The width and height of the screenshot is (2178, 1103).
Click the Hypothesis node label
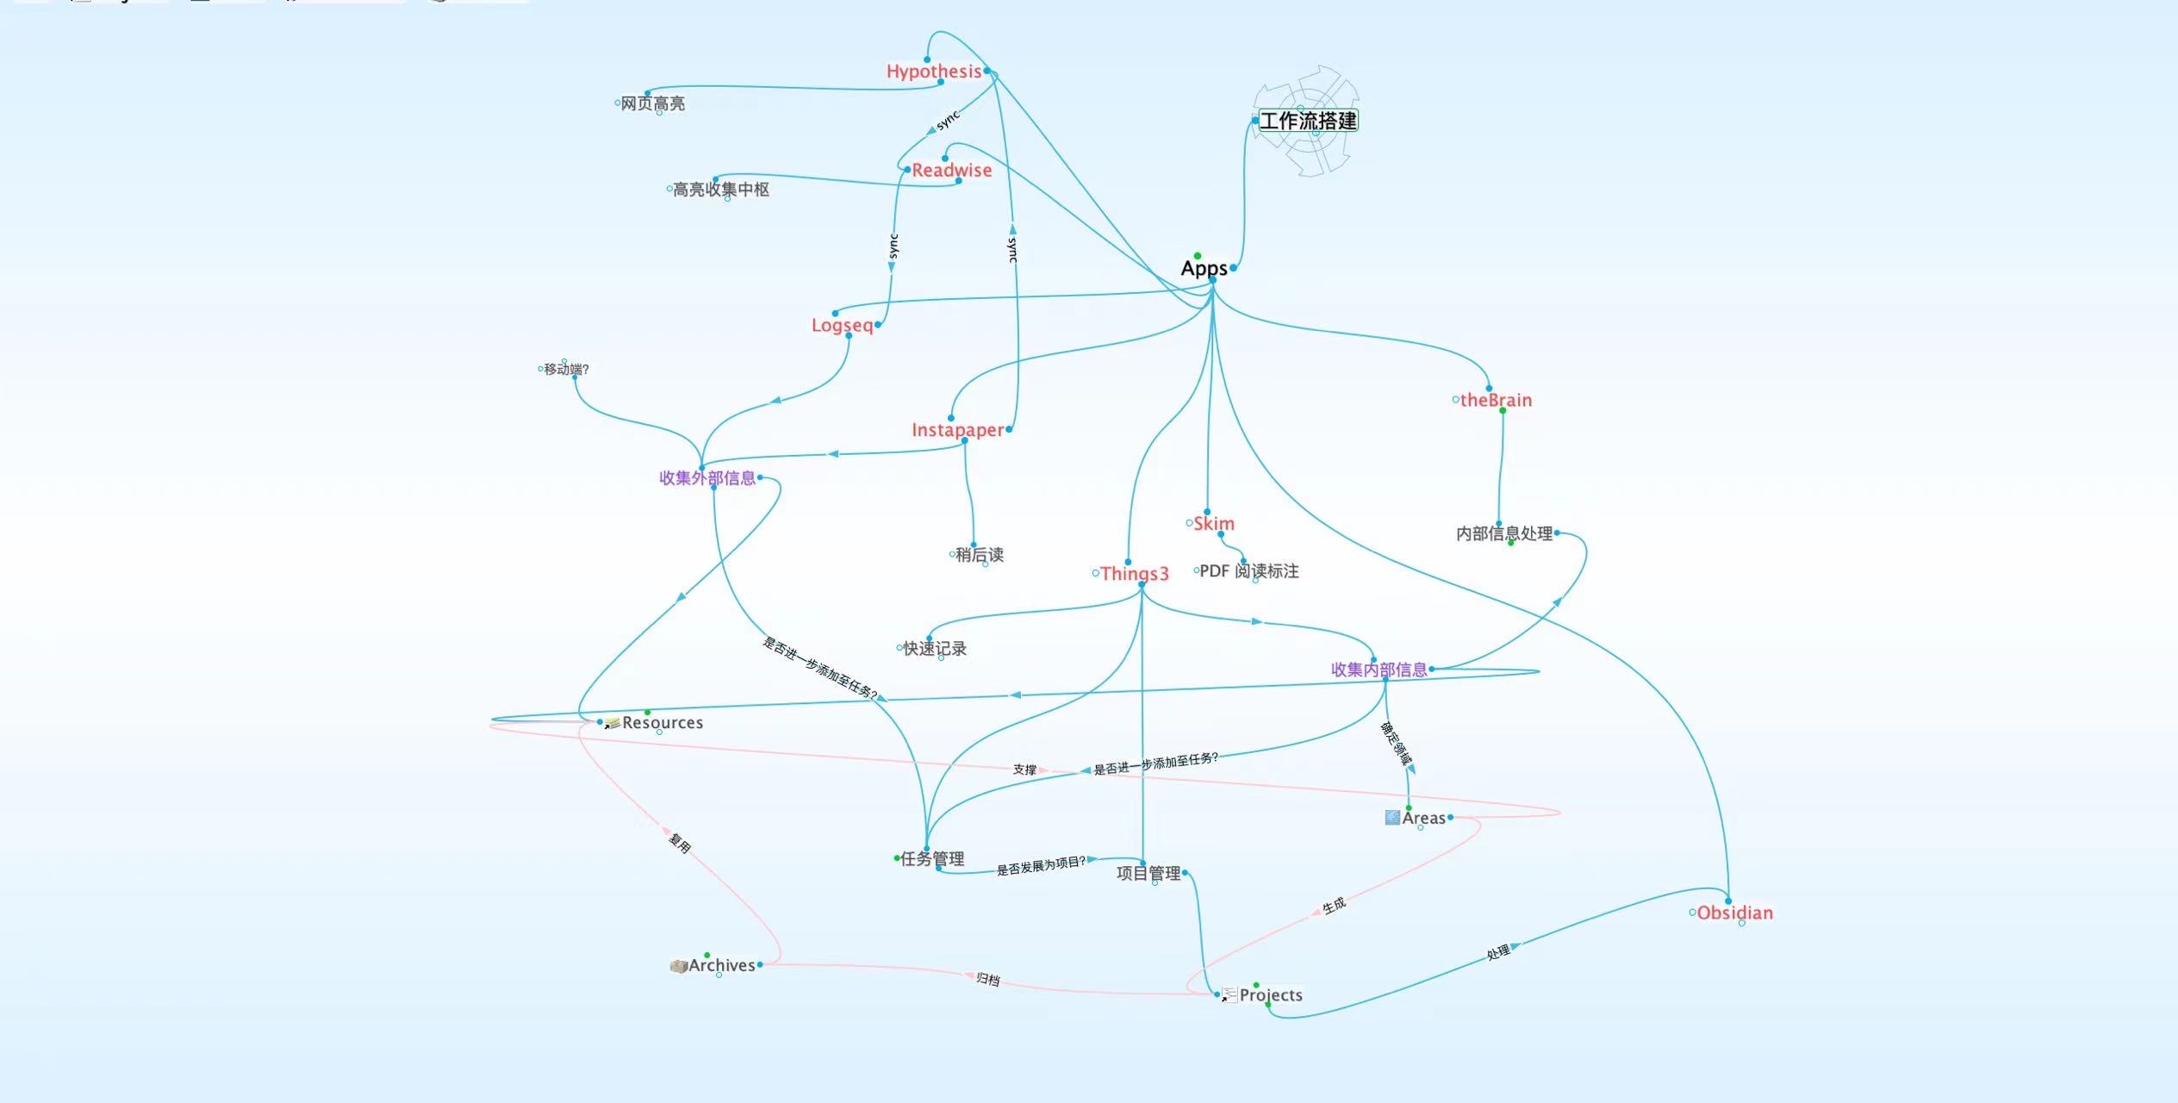pyautogui.click(x=933, y=72)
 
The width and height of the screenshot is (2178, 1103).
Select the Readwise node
pyautogui.click(x=951, y=171)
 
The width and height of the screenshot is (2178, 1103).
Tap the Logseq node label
pyautogui.click(x=842, y=326)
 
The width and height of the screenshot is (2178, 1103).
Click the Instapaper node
pyautogui.click(x=957, y=430)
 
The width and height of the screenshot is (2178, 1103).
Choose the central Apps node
pyautogui.click(x=1204, y=269)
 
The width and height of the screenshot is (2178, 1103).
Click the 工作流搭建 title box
pyautogui.click(x=1308, y=121)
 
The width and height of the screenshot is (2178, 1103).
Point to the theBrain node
pyautogui.click(x=1496, y=400)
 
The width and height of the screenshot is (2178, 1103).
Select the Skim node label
pyautogui.click(x=1213, y=524)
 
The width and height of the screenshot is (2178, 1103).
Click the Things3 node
pyautogui.click(x=1134, y=574)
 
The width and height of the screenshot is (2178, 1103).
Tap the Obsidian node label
pyautogui.click(x=1734, y=913)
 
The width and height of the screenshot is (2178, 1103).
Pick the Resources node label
pyautogui.click(x=662, y=723)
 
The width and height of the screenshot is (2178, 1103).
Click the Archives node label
pyautogui.click(x=721, y=966)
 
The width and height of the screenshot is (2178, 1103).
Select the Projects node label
pyautogui.click(x=1270, y=995)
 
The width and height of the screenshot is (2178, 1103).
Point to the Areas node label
pyautogui.click(x=1423, y=819)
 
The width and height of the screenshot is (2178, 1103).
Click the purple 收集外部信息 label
pyautogui.click(x=707, y=478)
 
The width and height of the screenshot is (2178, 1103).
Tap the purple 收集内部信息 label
pyautogui.click(x=1378, y=670)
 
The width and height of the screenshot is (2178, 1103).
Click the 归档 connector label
pyautogui.click(x=987, y=980)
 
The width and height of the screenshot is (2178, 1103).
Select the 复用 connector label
pyautogui.click(x=680, y=844)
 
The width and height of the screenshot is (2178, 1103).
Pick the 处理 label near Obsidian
pyautogui.click(x=1498, y=952)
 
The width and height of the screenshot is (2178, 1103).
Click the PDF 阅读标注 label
pyautogui.click(x=1248, y=571)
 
